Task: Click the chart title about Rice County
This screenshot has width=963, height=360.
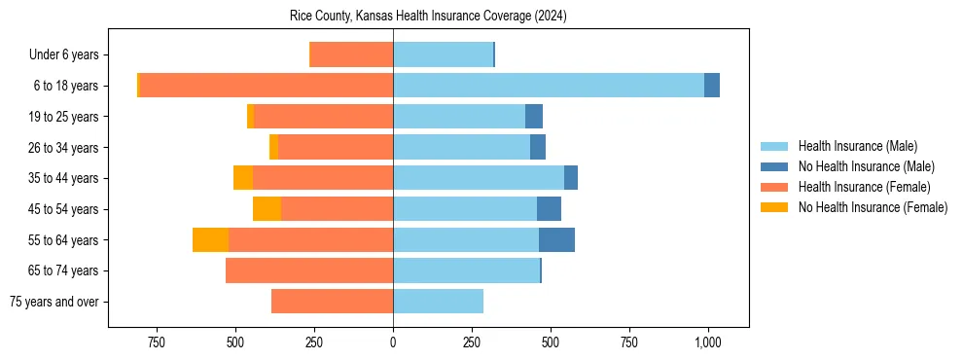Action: point(428,17)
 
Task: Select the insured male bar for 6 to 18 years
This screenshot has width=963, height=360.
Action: point(549,86)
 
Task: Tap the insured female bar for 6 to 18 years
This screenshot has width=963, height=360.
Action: point(266,86)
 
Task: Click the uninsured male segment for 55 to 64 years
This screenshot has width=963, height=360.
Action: point(556,239)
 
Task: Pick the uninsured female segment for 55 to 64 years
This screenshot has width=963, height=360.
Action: point(210,239)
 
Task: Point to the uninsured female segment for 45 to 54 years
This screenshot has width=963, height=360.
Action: point(267,208)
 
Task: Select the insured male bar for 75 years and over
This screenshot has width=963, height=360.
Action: point(438,302)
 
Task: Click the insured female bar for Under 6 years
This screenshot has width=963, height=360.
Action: point(351,54)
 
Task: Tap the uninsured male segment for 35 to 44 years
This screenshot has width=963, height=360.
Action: point(571,178)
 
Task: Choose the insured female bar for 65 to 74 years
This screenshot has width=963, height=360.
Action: point(309,270)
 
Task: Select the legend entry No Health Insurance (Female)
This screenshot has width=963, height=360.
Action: point(872,207)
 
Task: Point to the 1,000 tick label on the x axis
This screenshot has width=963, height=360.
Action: point(707,342)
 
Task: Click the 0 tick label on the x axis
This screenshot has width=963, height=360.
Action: point(393,342)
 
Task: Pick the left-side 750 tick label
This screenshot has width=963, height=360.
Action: point(156,342)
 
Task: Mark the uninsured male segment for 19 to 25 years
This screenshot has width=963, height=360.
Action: point(534,117)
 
